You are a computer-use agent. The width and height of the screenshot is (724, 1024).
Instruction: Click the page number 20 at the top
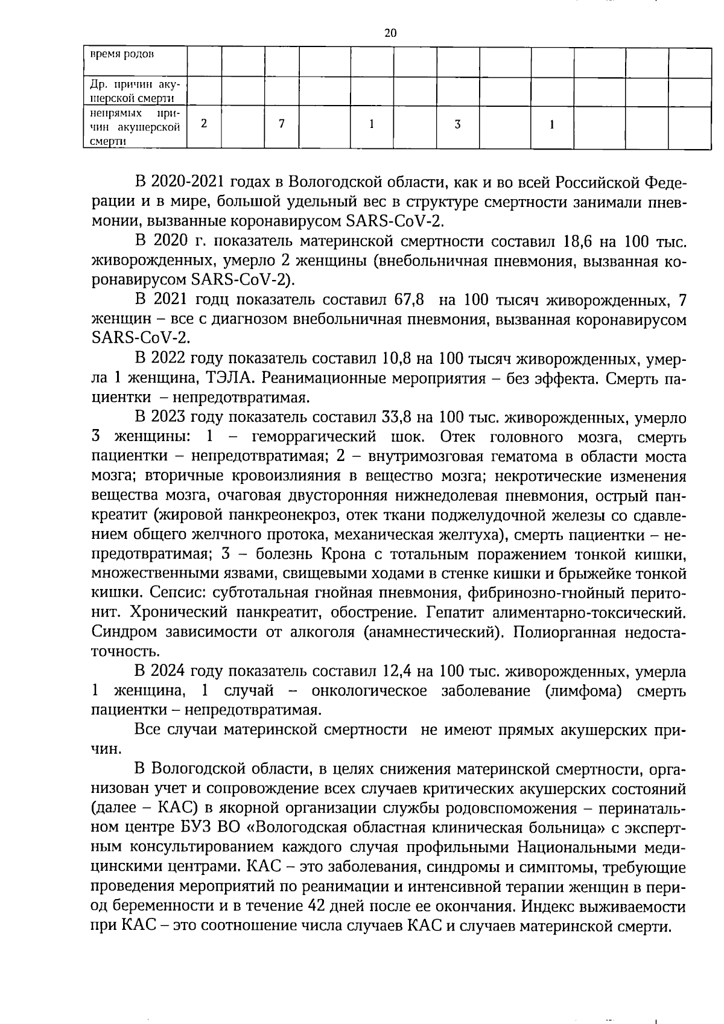390,33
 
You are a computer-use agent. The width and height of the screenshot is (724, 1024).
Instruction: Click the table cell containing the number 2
204,124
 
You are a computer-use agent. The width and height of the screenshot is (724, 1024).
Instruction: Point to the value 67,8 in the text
409,300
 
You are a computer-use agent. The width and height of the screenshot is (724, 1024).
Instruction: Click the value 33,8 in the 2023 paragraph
398,417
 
